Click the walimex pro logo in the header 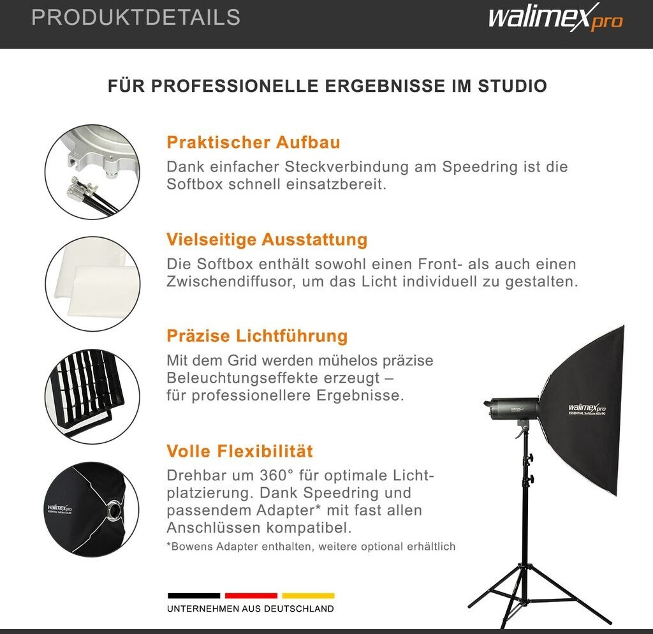click(x=555, y=17)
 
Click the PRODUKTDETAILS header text click(x=136, y=17)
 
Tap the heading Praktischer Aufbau click(x=253, y=142)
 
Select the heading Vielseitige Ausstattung click(x=267, y=240)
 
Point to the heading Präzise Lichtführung click(x=257, y=336)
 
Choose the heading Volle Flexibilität click(x=240, y=451)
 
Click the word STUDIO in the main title click(x=512, y=86)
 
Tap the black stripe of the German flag click(x=194, y=596)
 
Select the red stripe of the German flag click(x=251, y=596)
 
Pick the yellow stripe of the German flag click(x=308, y=596)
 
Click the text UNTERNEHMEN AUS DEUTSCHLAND click(x=250, y=609)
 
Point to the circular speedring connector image click(x=92, y=172)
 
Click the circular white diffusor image click(x=92, y=284)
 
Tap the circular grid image click(x=92, y=397)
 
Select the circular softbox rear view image click(x=92, y=509)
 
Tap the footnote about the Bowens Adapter click(x=311, y=547)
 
